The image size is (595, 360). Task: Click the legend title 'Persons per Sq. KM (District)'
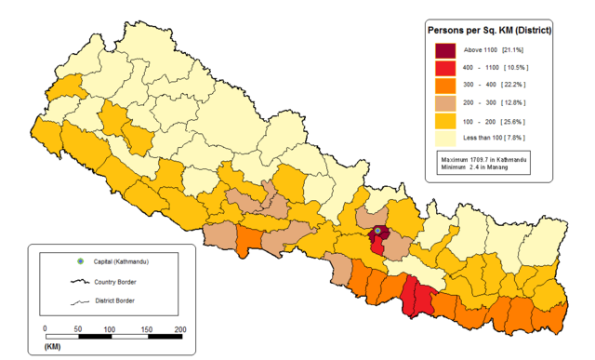489,30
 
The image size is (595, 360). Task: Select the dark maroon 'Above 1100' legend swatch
445,49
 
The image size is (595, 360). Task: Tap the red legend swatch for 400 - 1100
445,68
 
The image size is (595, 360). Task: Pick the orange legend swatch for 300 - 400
445,86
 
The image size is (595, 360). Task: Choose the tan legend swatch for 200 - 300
445,103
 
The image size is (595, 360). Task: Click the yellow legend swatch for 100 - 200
445,121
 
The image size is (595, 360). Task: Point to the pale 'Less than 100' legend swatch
445,139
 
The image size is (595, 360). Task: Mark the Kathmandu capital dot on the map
378,231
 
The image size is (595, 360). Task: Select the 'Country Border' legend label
122,281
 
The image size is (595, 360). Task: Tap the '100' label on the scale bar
110,329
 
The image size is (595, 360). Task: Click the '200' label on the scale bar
179,329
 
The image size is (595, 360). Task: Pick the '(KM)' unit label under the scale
52,347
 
